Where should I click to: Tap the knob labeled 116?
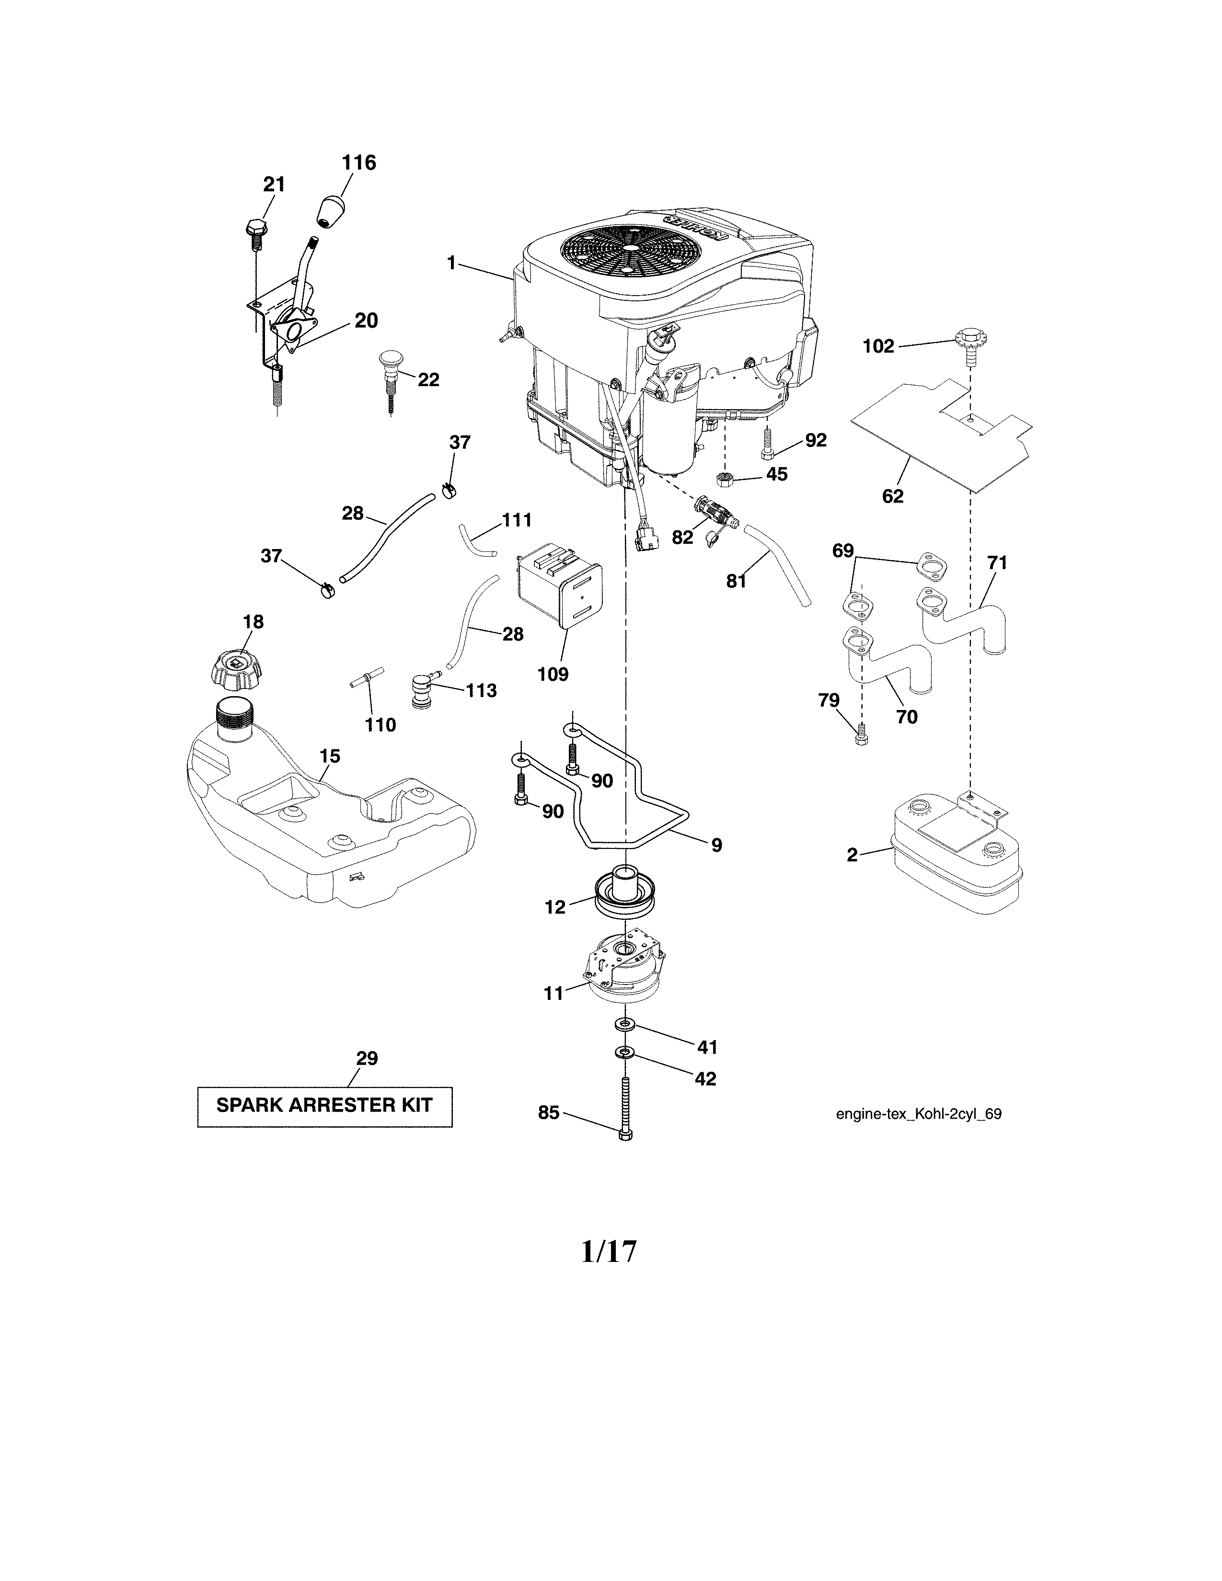pos(332,210)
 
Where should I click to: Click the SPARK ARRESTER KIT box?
pos(324,1105)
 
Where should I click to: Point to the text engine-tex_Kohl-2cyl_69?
pos(918,1114)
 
